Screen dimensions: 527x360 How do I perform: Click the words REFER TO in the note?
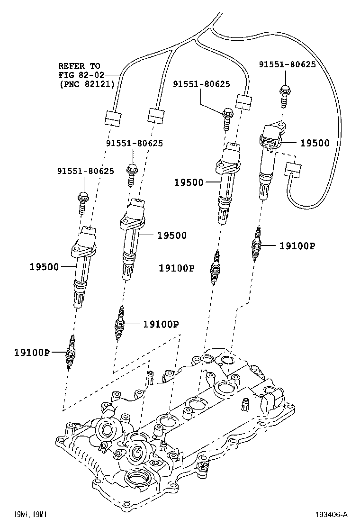coord(79,66)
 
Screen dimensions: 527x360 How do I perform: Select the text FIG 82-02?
coord(79,74)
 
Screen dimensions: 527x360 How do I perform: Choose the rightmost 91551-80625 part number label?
coord(287,64)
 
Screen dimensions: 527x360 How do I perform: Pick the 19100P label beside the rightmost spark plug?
coord(297,245)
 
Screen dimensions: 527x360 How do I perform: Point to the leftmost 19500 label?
coord(44,267)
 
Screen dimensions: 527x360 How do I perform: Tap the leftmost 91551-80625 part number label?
coord(85,171)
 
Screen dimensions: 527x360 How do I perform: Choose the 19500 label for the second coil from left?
coord(172,235)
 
